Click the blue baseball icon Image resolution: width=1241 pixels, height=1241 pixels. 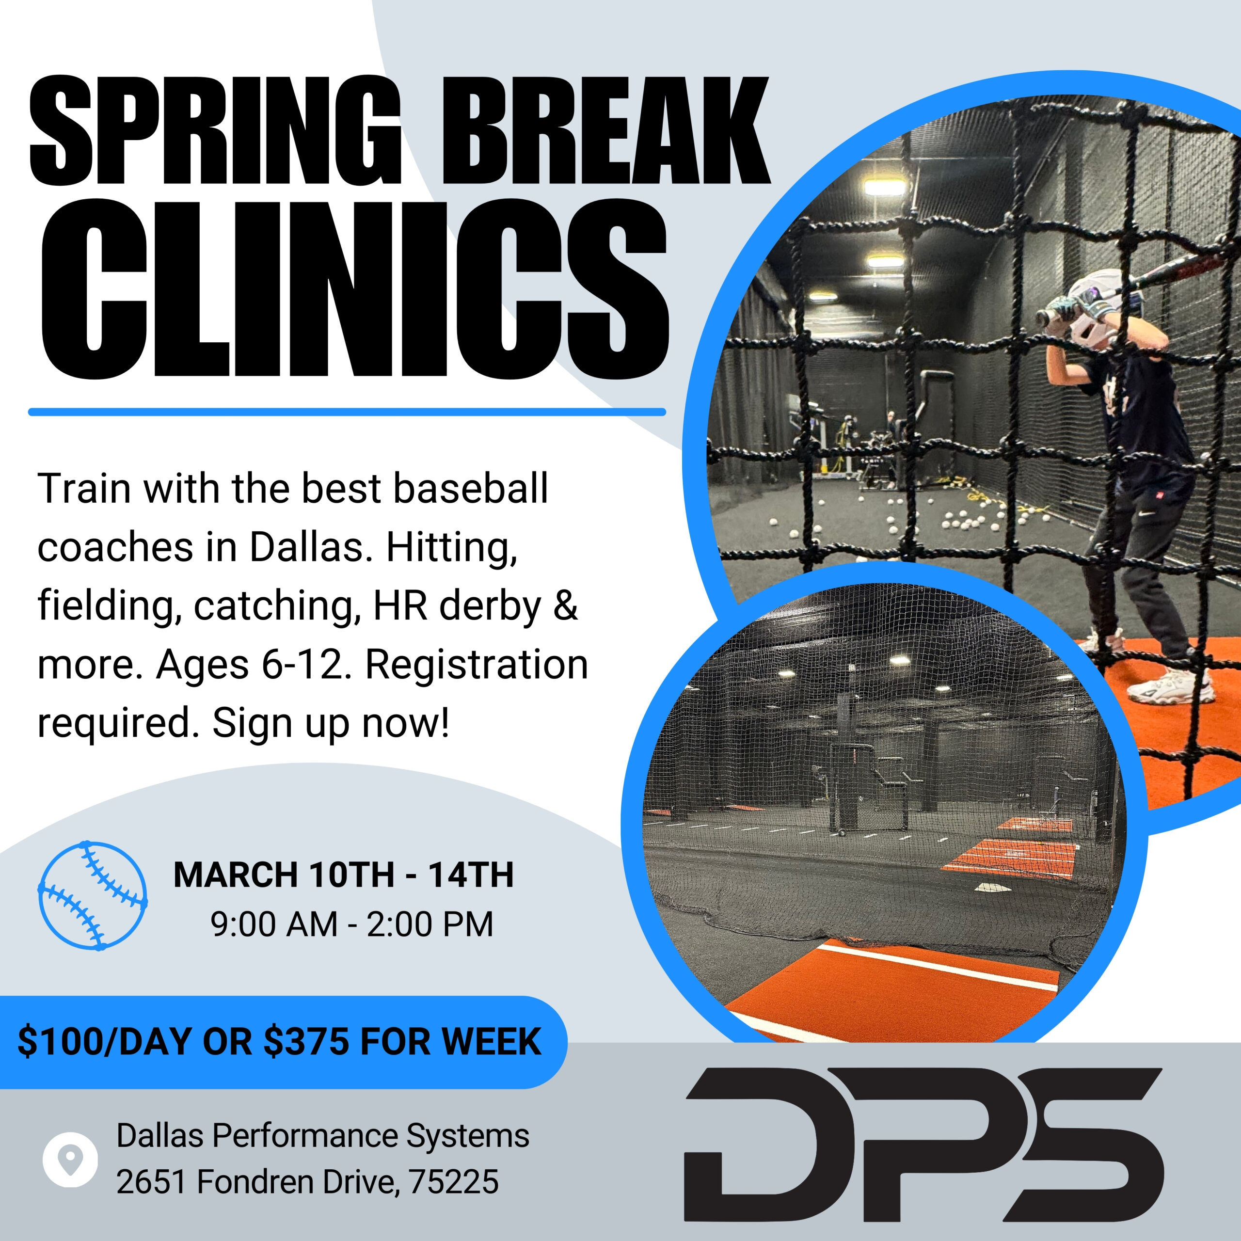tap(93, 895)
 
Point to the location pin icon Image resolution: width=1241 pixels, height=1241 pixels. tap(70, 1159)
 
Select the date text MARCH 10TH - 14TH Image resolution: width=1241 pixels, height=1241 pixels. tap(344, 875)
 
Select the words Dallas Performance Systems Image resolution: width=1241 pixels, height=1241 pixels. tap(322, 1136)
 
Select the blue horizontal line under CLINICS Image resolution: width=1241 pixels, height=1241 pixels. tap(347, 412)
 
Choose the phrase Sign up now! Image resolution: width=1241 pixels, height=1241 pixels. tap(331, 723)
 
